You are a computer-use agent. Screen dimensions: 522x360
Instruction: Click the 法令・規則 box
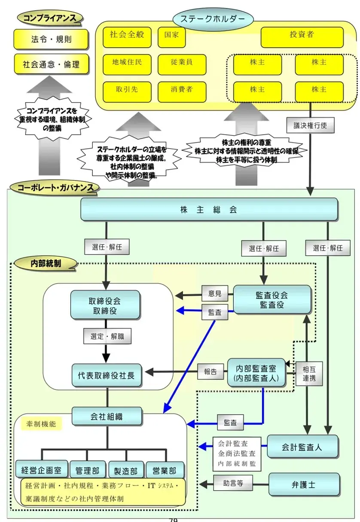(x=51, y=39)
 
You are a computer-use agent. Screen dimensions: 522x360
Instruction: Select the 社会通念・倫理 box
(x=51, y=65)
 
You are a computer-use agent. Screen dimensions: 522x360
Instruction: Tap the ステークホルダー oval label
(x=213, y=19)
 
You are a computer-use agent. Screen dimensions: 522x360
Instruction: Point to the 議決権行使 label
(x=310, y=125)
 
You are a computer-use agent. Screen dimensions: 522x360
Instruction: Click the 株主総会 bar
(x=209, y=209)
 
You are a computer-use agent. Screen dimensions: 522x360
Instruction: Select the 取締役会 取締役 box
(x=105, y=304)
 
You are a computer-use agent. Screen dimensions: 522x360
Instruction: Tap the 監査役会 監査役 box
(x=272, y=300)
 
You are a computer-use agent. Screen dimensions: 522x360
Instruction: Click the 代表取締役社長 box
(x=107, y=375)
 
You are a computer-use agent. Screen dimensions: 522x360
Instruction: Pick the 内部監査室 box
(x=256, y=372)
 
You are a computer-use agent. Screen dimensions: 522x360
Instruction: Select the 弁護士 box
(x=304, y=484)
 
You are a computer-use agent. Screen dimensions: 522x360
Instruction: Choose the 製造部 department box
(x=126, y=470)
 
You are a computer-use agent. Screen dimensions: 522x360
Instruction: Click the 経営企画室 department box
(x=41, y=470)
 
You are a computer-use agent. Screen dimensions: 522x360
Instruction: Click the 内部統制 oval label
(x=45, y=264)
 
